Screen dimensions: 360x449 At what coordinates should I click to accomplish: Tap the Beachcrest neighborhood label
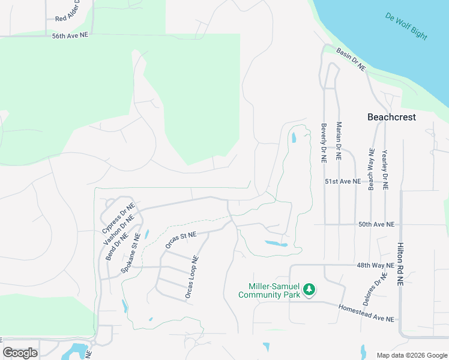coord(391,118)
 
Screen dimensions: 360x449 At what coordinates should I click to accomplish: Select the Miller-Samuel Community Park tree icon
coord(309,290)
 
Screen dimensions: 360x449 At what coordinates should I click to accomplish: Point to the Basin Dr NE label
coord(351,60)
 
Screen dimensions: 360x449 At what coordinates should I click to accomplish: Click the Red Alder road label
coord(71,17)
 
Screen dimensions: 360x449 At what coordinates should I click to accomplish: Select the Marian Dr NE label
coord(339,141)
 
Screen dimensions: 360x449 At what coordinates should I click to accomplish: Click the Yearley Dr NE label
coord(385,170)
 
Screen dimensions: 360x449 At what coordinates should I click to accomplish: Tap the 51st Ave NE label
coord(343,181)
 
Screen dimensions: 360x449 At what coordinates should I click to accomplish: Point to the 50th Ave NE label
coord(376,224)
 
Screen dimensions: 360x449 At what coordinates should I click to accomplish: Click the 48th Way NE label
coord(375,265)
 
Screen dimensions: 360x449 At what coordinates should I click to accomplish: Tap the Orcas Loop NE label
coord(191,278)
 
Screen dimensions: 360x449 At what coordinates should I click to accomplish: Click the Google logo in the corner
coord(20,353)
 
